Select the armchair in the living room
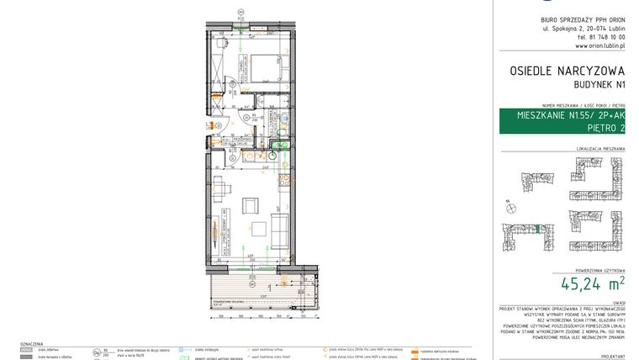(x=250, y=204)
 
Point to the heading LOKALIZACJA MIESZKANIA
(x=600, y=150)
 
